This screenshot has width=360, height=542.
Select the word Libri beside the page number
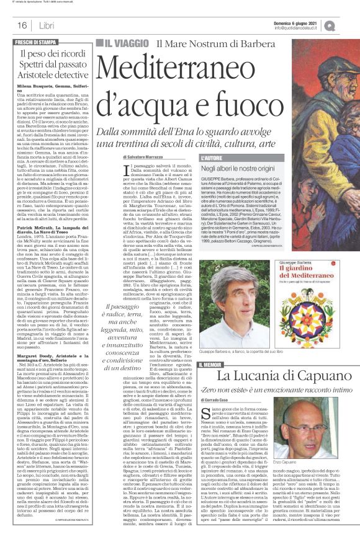[43, 25]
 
